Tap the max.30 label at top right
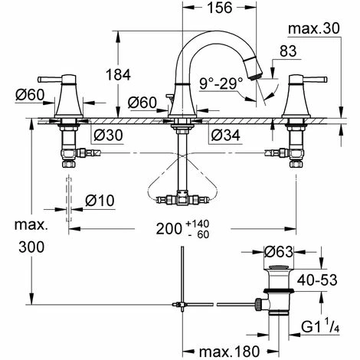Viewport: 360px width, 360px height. pos(313,29)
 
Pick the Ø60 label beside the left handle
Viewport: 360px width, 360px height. pos(29,95)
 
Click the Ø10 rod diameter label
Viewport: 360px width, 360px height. pos(98,200)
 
